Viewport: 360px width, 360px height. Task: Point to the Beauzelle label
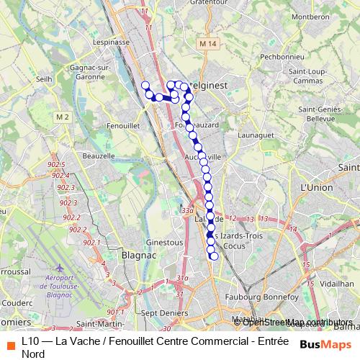click(x=99, y=156)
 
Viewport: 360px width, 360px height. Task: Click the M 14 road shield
click(x=209, y=44)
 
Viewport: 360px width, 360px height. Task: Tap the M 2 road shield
click(x=61, y=117)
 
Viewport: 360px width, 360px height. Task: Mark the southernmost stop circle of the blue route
click(x=214, y=256)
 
